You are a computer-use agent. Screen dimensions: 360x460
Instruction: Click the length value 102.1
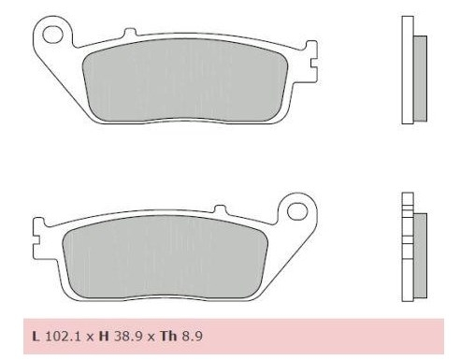[61, 335]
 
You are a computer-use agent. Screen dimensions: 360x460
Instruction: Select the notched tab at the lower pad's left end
[39, 226]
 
